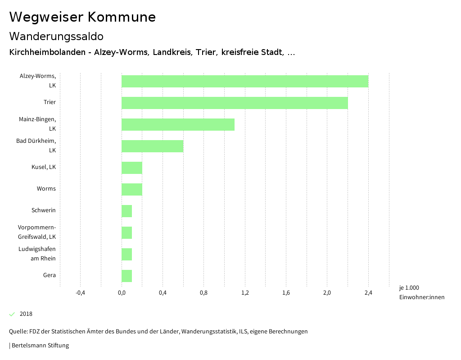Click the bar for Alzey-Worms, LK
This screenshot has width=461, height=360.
click(x=245, y=81)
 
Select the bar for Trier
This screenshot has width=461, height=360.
click(x=235, y=103)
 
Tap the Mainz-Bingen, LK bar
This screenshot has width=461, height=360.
click(x=178, y=124)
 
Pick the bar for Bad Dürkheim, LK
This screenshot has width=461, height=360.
click(x=152, y=146)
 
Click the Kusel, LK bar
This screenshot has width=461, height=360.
click(x=132, y=168)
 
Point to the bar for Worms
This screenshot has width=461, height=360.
click(x=132, y=189)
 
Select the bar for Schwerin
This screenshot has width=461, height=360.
click(x=127, y=211)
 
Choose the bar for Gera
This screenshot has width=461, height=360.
click(x=127, y=276)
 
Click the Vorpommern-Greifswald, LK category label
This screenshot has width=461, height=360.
click(x=37, y=232)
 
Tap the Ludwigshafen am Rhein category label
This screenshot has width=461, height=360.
click(x=37, y=254)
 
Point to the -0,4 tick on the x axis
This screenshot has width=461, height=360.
click(x=80, y=293)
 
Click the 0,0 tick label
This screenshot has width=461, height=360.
click(x=122, y=293)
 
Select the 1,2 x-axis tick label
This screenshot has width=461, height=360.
click(x=245, y=293)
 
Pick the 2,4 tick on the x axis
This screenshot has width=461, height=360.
click(x=368, y=293)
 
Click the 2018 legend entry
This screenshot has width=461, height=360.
click(x=26, y=314)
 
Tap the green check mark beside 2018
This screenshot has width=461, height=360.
click(x=12, y=314)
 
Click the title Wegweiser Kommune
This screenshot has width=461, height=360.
click(x=82, y=17)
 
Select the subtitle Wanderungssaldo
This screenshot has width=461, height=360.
click(x=56, y=36)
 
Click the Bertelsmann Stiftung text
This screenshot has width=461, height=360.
click(x=40, y=346)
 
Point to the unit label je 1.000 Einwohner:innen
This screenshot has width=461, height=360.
click(x=421, y=292)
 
